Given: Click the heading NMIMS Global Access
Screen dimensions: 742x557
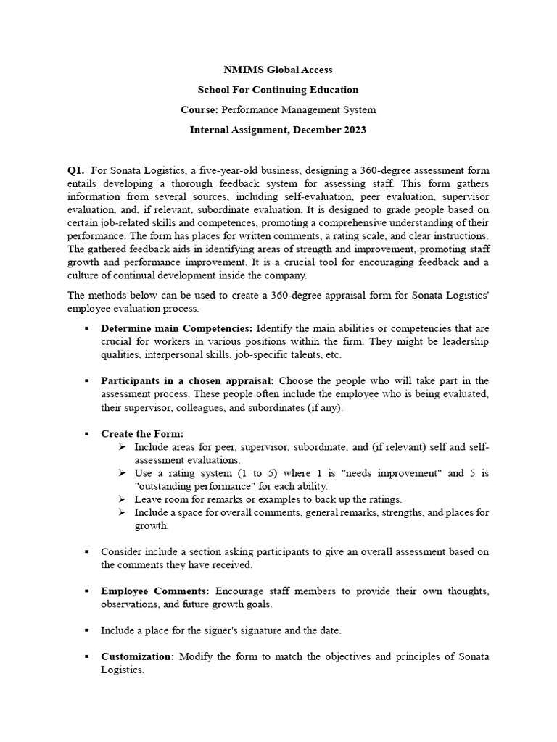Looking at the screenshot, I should [278, 70].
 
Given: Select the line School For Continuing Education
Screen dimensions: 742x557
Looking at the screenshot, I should [278, 90].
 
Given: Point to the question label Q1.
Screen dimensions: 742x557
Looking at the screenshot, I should [76, 170].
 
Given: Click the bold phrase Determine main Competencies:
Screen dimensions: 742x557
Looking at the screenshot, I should [177, 328].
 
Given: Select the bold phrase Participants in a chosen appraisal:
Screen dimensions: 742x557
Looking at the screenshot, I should [187, 380].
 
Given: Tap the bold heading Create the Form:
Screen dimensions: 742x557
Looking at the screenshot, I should [141, 433].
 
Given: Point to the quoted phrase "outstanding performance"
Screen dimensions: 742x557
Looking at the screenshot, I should [192, 486].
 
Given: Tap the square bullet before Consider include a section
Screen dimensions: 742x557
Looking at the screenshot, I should [86, 552].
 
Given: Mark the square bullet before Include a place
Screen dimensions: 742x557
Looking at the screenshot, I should [86, 630].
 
